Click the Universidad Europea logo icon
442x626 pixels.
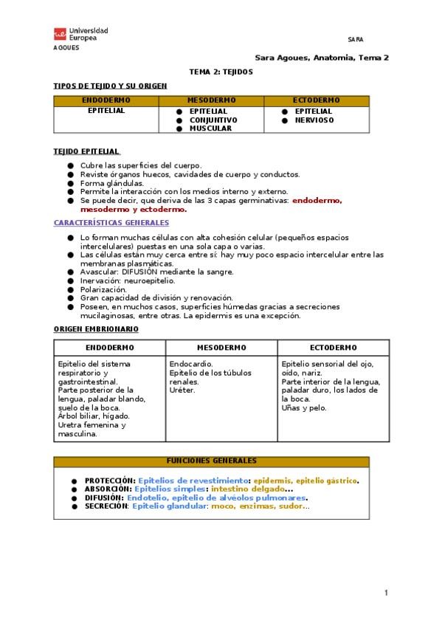tap(60, 34)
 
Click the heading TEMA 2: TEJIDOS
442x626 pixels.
tap(221, 72)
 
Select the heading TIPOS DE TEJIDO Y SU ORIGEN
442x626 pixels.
tap(111, 86)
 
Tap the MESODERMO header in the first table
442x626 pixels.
tap(211, 100)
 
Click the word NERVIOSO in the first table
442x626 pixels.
tap(314, 120)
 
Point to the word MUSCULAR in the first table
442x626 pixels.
tap(210, 128)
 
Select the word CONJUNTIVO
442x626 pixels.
tap(213, 120)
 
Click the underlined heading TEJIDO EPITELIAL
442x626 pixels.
tap(86, 151)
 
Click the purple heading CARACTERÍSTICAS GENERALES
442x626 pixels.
tap(111, 222)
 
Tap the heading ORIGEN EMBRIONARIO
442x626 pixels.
tap(96, 329)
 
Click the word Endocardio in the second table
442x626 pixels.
tap(191, 364)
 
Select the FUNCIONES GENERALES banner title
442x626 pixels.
tap(211, 461)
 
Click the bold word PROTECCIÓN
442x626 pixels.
tap(110, 480)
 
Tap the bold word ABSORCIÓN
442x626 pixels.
tap(109, 489)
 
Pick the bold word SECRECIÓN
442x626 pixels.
tap(107, 506)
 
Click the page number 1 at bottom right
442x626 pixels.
tap(386, 593)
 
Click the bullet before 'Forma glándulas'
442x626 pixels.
tap(71, 183)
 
